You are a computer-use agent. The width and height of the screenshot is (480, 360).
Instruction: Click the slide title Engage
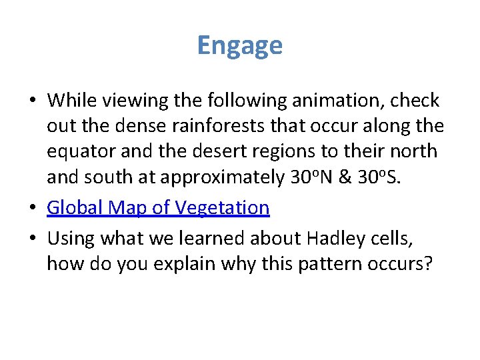(240, 45)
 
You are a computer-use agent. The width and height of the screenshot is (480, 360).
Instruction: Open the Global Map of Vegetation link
(158, 208)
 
